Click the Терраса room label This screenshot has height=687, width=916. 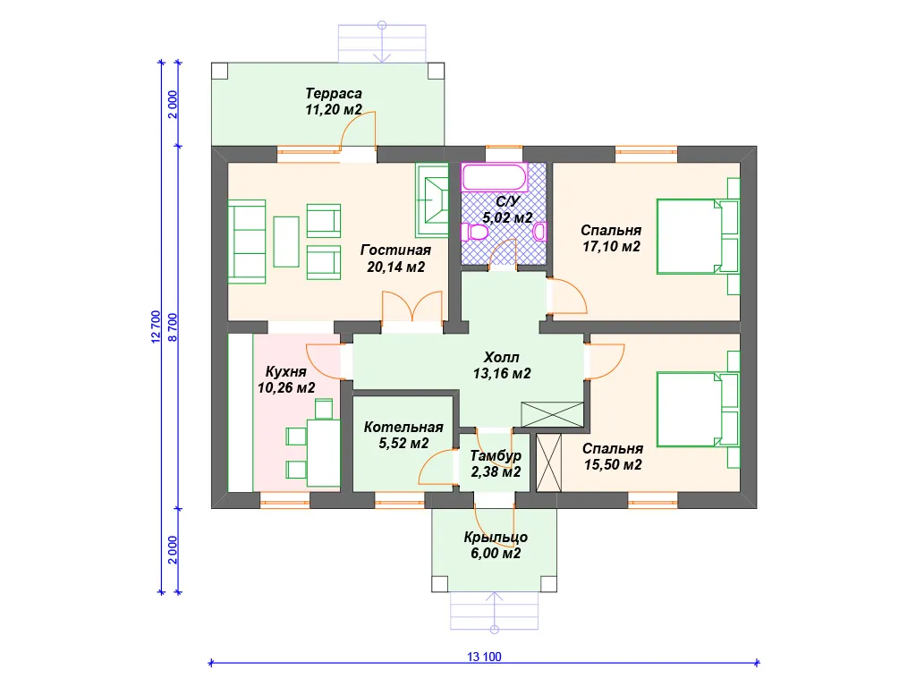click(x=334, y=93)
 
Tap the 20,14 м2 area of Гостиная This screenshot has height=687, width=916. click(x=396, y=267)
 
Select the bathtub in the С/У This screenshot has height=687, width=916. click(x=494, y=178)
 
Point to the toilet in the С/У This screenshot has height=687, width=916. click(x=474, y=232)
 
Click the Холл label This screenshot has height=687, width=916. click(x=501, y=357)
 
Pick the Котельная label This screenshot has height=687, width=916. click(x=403, y=427)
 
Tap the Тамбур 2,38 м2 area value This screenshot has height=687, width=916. click(x=496, y=472)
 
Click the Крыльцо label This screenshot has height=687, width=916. click(x=496, y=538)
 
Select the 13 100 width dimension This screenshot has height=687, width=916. click(x=484, y=657)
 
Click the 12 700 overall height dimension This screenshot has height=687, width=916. click(x=156, y=327)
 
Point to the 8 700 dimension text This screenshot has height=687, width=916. click(x=173, y=327)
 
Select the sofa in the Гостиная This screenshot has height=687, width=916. click(x=247, y=242)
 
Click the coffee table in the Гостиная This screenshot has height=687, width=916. click(x=286, y=242)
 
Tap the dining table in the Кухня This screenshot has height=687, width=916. click(x=324, y=452)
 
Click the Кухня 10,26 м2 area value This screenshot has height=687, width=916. click(x=286, y=388)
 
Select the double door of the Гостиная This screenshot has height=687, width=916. click(x=411, y=307)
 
